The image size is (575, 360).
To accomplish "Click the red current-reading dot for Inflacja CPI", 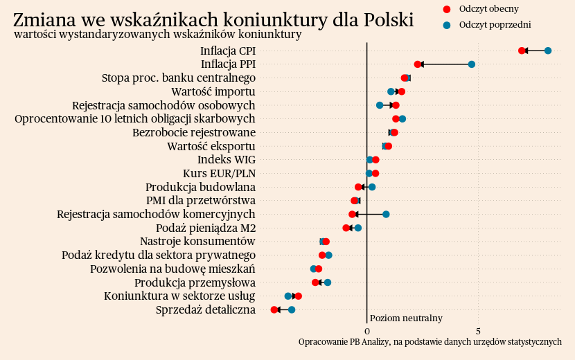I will (x=522, y=51).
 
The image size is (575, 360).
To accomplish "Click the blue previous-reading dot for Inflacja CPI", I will (x=548, y=51).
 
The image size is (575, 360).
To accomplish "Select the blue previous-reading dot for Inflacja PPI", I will (x=472, y=64).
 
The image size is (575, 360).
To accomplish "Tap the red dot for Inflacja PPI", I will (x=418, y=64).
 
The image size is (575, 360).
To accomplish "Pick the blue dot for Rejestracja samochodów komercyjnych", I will (x=386, y=214).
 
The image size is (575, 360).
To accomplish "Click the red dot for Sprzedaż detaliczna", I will (x=274, y=309).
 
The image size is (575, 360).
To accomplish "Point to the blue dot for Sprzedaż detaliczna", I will (x=292, y=309).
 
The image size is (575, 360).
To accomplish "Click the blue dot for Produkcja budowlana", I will (x=372, y=187).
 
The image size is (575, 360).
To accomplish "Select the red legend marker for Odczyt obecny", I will (x=446, y=9).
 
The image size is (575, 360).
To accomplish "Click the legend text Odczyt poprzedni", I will (x=495, y=25).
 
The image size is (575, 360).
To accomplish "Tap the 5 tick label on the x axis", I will (x=479, y=331).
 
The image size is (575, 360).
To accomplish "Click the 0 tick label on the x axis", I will (x=366, y=331).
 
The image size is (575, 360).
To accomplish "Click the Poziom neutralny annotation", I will (x=406, y=318).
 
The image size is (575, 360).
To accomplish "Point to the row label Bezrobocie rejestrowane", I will (x=194, y=132).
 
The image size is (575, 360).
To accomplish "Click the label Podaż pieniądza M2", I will (x=206, y=228).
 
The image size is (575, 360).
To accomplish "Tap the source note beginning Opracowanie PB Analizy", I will (x=430, y=342).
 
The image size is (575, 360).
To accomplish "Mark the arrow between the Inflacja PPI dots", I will (x=445, y=64).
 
